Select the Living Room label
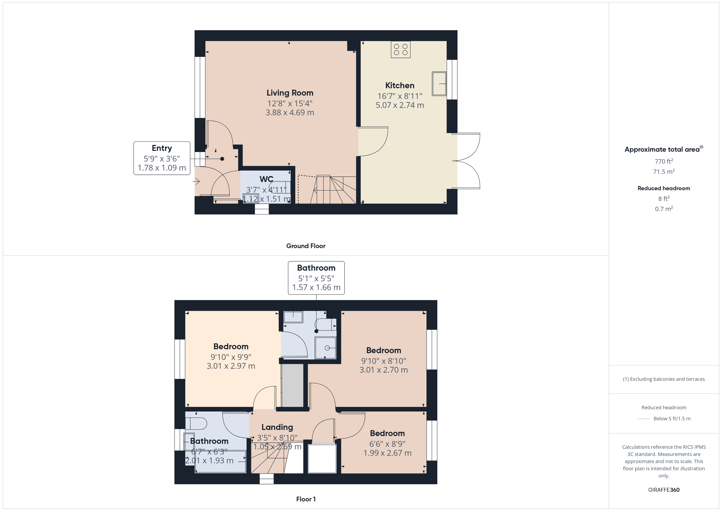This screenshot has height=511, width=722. (x=290, y=93)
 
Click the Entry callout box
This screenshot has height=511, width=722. (x=162, y=158)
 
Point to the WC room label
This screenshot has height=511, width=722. (x=266, y=179)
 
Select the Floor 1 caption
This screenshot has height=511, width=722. (x=306, y=499)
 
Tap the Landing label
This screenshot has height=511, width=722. (x=277, y=427)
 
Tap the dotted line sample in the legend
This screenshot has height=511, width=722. (x=643, y=419)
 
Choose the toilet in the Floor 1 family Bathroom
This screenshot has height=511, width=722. (x=196, y=424)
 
